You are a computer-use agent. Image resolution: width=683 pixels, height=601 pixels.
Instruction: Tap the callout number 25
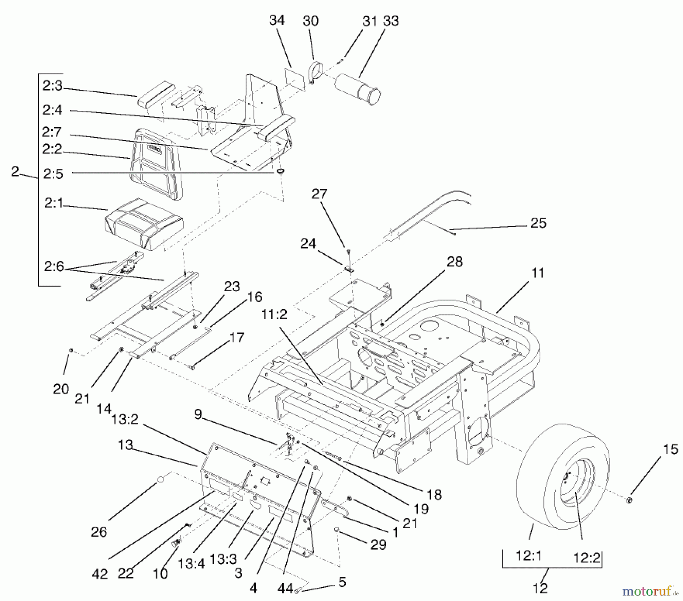pos(538,223)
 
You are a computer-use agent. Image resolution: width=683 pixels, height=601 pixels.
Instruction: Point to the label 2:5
pos(53,174)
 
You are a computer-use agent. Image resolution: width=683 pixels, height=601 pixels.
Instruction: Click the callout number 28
pos(455,262)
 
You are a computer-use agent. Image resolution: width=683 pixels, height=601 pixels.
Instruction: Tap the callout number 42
pos(100,574)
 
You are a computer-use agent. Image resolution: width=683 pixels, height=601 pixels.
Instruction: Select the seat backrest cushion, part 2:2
pos(156,163)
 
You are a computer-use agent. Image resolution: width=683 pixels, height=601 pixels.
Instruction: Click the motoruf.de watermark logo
pos(650,590)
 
